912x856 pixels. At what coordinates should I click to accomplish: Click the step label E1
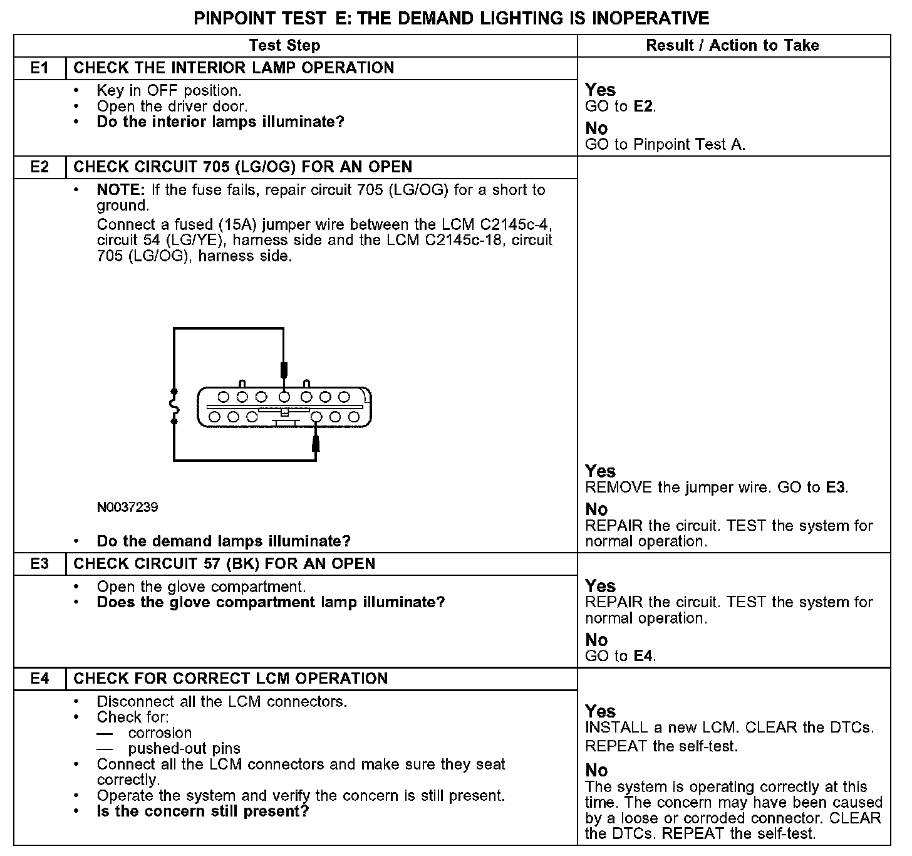pyautogui.click(x=39, y=68)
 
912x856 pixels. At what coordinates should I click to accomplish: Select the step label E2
pyautogui.click(x=39, y=167)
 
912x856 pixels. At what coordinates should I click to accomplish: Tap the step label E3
pyautogui.click(x=39, y=563)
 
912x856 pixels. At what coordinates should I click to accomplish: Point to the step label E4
pyautogui.click(x=39, y=678)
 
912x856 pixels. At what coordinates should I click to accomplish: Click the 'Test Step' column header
pyautogui.click(x=284, y=45)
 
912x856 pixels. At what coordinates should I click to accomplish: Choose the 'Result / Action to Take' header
pyautogui.click(x=732, y=45)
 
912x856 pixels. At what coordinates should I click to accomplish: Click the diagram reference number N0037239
pyautogui.click(x=127, y=507)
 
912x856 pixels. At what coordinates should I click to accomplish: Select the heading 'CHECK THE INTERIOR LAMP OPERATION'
pyautogui.click(x=234, y=68)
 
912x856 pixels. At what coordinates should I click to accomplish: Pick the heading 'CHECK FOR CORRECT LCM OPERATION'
pyautogui.click(x=231, y=678)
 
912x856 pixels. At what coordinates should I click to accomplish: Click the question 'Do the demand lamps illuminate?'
pyautogui.click(x=224, y=541)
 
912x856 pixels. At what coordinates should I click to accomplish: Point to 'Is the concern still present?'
pyautogui.click(x=203, y=812)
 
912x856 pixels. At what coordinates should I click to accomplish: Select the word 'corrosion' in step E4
pyautogui.click(x=160, y=733)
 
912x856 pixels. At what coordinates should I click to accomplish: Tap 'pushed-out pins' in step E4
pyautogui.click(x=184, y=748)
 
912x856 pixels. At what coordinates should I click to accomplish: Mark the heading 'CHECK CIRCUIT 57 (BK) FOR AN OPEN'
pyautogui.click(x=224, y=563)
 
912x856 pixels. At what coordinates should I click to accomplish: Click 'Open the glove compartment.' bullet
pyautogui.click(x=201, y=587)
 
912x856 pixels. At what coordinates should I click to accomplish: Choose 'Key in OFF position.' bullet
pyautogui.click(x=169, y=90)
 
